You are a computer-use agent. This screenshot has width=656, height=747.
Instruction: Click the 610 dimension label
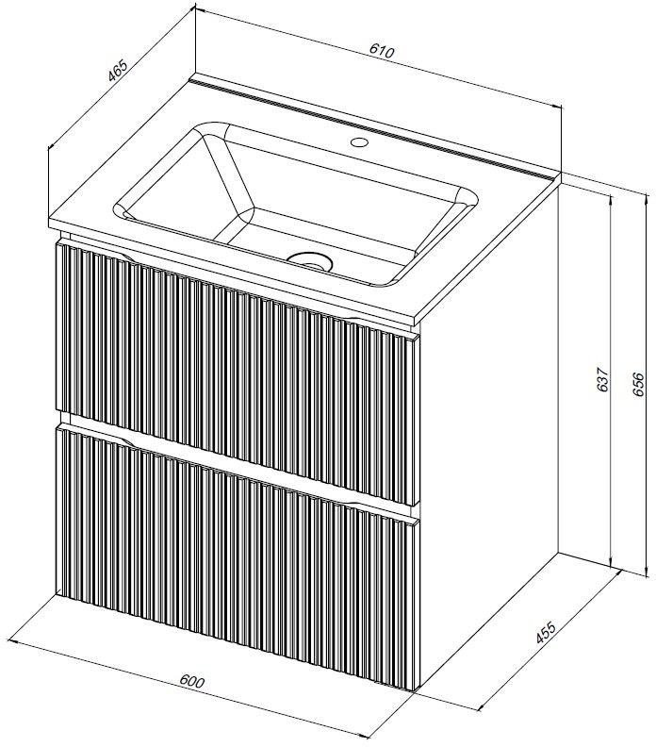(x=382, y=51)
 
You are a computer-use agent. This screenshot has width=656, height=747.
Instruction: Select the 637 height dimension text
(x=602, y=379)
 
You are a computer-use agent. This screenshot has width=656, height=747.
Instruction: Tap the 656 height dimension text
(x=638, y=383)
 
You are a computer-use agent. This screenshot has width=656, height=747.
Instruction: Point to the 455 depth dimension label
(x=546, y=632)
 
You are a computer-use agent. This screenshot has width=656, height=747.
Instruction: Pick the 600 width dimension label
(x=192, y=681)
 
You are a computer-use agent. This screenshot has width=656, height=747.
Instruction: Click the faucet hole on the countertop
(x=358, y=141)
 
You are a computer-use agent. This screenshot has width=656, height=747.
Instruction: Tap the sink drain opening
(x=310, y=260)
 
